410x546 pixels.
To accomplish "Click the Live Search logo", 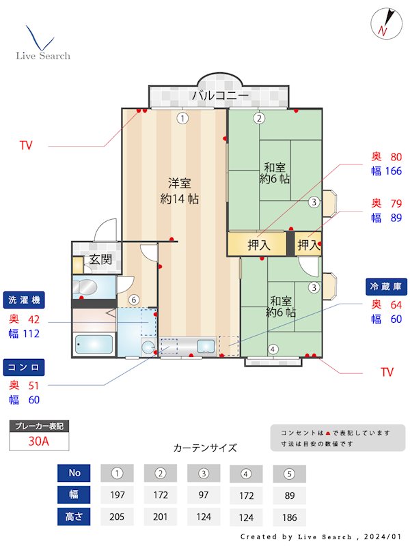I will pyautogui.click(x=42, y=44).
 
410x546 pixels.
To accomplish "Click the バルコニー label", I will pyautogui.click(x=219, y=96).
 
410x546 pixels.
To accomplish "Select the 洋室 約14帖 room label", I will pyautogui.click(x=179, y=191).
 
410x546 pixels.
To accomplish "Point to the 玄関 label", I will pyautogui.click(x=100, y=259).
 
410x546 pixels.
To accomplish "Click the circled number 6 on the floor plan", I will pyautogui.click(x=134, y=300).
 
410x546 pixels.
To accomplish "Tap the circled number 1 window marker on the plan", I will pyautogui.click(x=182, y=118).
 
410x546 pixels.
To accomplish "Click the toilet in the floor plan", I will pyautogui.click(x=87, y=286).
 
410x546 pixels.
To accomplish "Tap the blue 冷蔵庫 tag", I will pyautogui.click(x=385, y=285).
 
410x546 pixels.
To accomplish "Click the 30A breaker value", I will pyautogui.click(x=39, y=442).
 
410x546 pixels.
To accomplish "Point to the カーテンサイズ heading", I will pyautogui.click(x=205, y=448).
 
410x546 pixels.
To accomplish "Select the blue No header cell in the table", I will pyautogui.click(x=74, y=473).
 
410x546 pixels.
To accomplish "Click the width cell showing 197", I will pyautogui.click(x=117, y=495).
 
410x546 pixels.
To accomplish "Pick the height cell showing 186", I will pyautogui.click(x=289, y=517).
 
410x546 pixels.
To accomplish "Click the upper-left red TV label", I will pyautogui.click(x=26, y=145).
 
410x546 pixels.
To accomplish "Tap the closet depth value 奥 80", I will pyautogui.click(x=386, y=156).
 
